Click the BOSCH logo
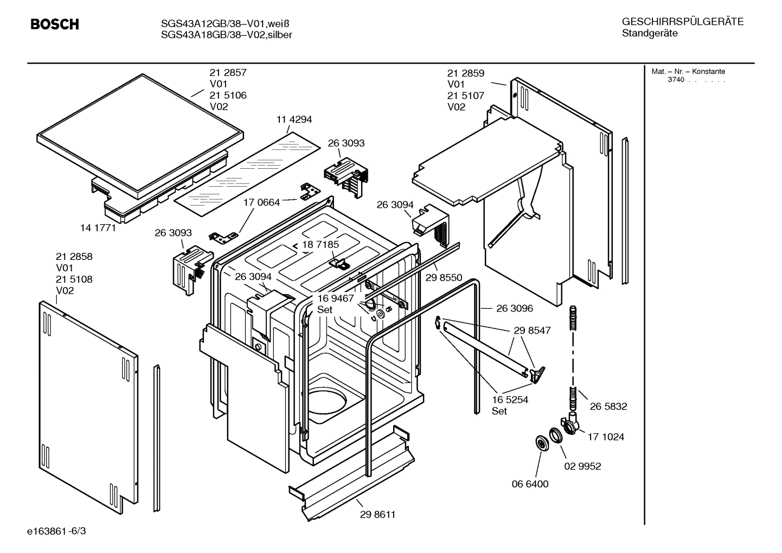(55, 24)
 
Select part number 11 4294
(294, 119)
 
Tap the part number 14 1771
(98, 228)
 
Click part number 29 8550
(444, 277)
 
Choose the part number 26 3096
(514, 308)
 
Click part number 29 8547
(532, 330)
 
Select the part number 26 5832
(608, 406)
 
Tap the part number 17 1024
(606, 436)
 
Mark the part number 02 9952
(582, 466)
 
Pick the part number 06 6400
(530, 484)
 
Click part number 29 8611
(377, 514)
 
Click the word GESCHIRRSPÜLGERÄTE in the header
(682, 22)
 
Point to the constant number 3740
(676, 80)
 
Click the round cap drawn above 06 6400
(541, 443)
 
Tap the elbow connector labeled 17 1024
(571, 423)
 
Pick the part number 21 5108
(74, 279)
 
